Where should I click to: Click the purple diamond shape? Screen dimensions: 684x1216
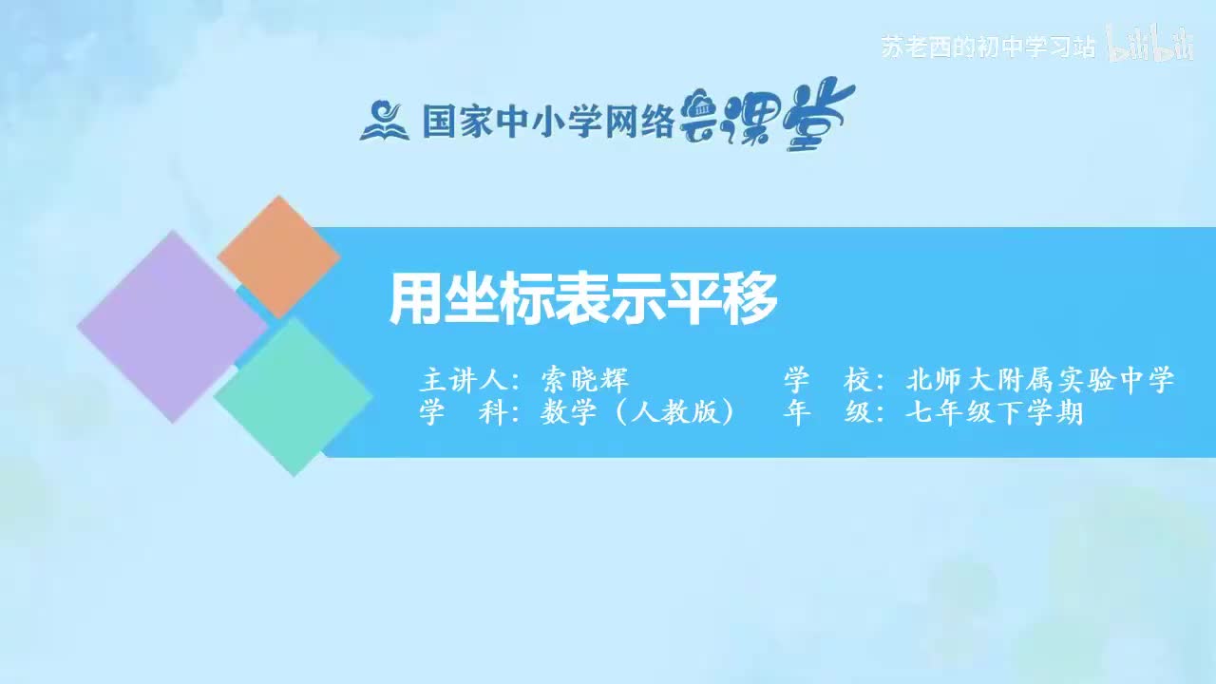coord(171,326)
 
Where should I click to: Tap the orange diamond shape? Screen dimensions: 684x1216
coord(278,256)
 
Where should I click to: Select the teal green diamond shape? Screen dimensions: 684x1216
coord(294,396)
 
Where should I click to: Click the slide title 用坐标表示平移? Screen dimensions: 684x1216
coord(583,298)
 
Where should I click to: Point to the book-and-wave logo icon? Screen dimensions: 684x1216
coord(384,121)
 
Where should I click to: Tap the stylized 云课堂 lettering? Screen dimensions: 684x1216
coord(769,118)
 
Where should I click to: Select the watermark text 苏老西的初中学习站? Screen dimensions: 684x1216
coord(988,47)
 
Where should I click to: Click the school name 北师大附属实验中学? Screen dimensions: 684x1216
coord(1040,381)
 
